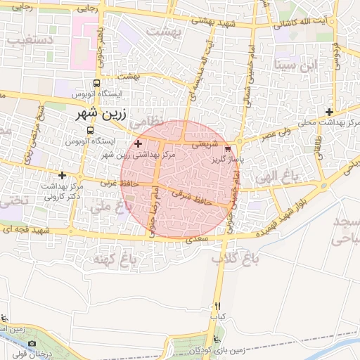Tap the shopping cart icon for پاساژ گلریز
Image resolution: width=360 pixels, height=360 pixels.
[x=227, y=149]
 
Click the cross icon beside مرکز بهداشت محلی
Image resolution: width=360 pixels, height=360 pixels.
[x=329, y=112]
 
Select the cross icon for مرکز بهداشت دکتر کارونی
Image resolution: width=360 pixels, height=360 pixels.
[x=63, y=175]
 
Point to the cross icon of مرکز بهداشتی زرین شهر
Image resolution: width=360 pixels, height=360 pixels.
[x=138, y=143]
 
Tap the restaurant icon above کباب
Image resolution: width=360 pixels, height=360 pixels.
[x=217, y=306]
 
